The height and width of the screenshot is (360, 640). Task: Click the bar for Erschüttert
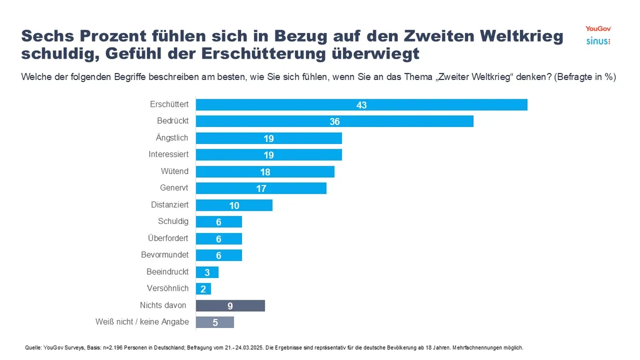pyautogui.click(x=362, y=105)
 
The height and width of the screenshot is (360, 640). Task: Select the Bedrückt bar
pyautogui.click(x=334, y=122)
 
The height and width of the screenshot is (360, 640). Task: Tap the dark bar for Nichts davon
pyautogui.click(x=230, y=306)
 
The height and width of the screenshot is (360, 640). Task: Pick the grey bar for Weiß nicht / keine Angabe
pyautogui.click(x=215, y=322)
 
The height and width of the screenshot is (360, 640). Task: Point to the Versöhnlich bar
pyautogui.click(x=204, y=289)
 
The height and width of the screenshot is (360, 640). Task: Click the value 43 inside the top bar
pyautogui.click(x=362, y=105)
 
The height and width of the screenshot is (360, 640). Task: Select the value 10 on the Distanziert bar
pyautogui.click(x=234, y=205)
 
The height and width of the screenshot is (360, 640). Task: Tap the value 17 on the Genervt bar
pyautogui.click(x=261, y=188)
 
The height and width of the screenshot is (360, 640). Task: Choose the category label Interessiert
pyautogui.click(x=169, y=155)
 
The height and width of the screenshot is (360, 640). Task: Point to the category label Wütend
pyautogui.click(x=174, y=171)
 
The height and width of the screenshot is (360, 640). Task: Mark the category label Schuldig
pyautogui.click(x=173, y=221)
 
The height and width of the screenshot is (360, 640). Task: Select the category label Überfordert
pyautogui.click(x=168, y=238)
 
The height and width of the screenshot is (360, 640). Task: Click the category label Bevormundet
pyautogui.click(x=165, y=255)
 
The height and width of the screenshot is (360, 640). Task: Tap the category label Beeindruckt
pyautogui.click(x=167, y=271)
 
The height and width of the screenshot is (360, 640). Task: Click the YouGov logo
pyautogui.click(x=597, y=28)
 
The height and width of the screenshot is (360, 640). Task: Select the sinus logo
pyautogui.click(x=598, y=41)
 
